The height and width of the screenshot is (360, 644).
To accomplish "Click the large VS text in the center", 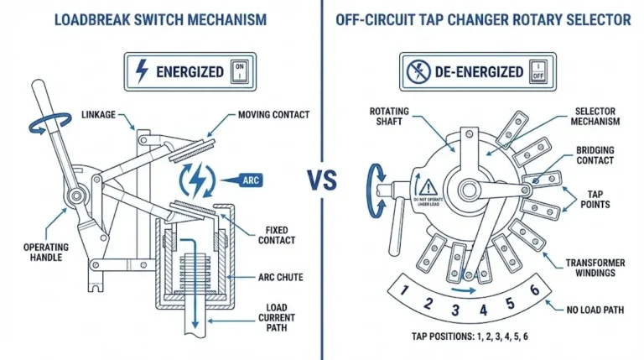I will [x=323, y=180].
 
